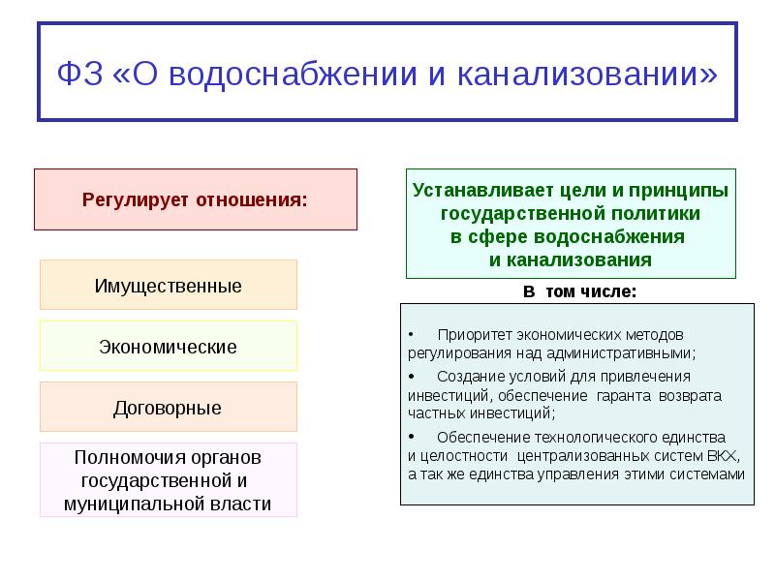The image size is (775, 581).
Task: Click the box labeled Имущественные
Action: [x=169, y=286]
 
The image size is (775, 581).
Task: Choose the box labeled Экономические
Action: [x=169, y=347]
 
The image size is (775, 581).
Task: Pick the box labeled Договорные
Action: [x=169, y=408]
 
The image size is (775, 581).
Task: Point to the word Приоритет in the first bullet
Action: [x=472, y=335]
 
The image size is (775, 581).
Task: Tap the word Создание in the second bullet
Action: [x=467, y=377]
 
